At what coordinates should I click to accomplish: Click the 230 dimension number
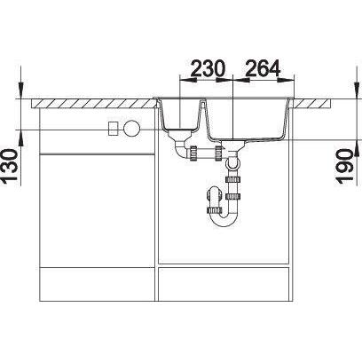(208, 68)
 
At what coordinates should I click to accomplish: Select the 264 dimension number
(263, 68)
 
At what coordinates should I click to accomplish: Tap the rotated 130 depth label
(12, 167)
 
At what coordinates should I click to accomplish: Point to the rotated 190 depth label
(345, 167)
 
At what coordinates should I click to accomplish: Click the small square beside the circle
(114, 129)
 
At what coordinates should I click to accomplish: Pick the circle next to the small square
(131, 129)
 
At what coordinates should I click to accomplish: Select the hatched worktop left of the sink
(94, 104)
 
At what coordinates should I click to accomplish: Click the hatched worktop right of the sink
(311, 104)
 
